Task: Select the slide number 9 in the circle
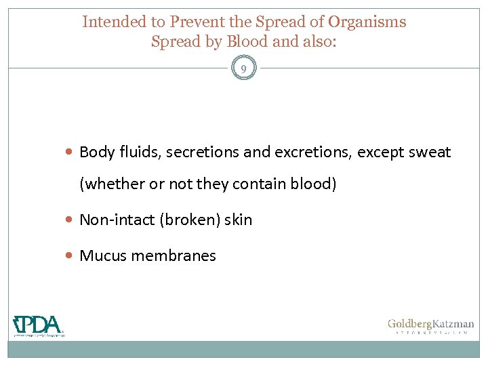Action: [243, 68]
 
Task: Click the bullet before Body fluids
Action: [71, 152]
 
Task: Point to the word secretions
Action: [201, 152]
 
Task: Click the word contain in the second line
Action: [260, 184]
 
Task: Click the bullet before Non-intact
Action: [71, 220]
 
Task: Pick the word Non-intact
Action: [117, 220]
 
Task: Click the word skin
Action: [238, 220]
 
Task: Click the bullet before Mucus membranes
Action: [71, 256]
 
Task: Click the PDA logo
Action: [39, 325]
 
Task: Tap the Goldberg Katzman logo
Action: [430, 325]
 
